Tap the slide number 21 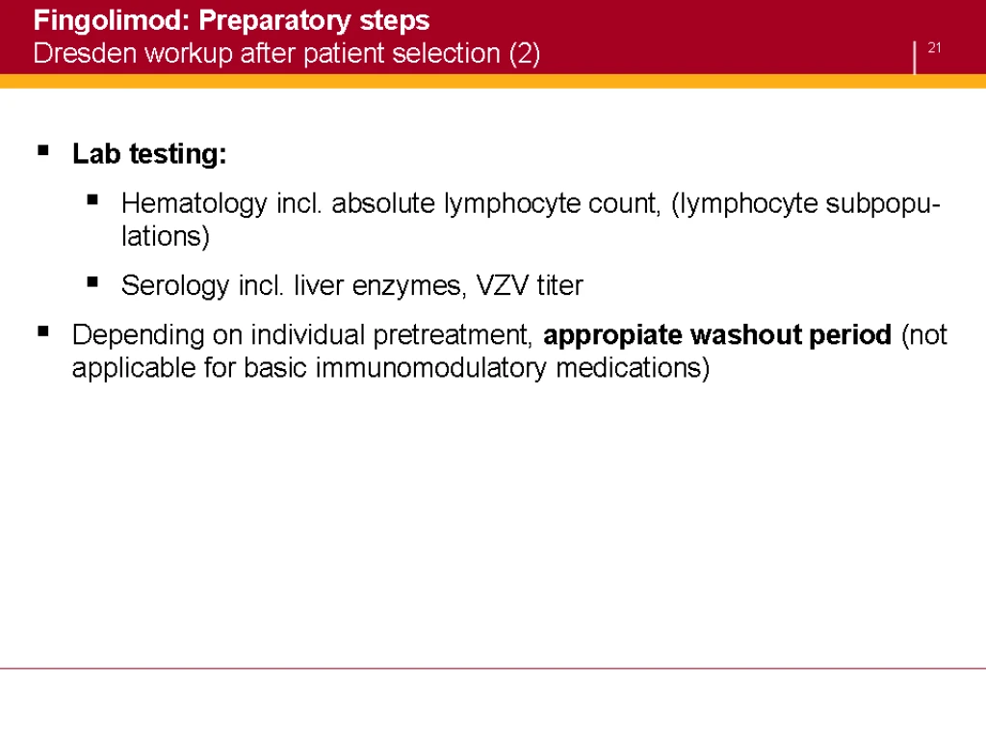click(x=934, y=48)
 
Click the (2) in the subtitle click(x=525, y=54)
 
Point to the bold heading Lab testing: click(x=149, y=154)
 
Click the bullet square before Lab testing click(x=43, y=150)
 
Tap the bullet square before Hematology click(x=92, y=200)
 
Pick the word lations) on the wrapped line click(x=166, y=237)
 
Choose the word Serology click(x=175, y=286)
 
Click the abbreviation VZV click(x=503, y=285)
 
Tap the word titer click(x=559, y=285)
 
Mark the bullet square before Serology click(x=92, y=282)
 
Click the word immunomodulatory click(x=430, y=368)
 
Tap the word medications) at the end click(x=633, y=368)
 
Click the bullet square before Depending click(x=43, y=331)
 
